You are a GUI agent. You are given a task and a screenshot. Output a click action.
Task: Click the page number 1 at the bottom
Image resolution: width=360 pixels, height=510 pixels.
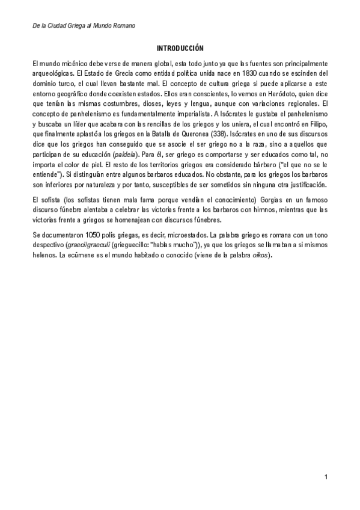click(x=325, y=478)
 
